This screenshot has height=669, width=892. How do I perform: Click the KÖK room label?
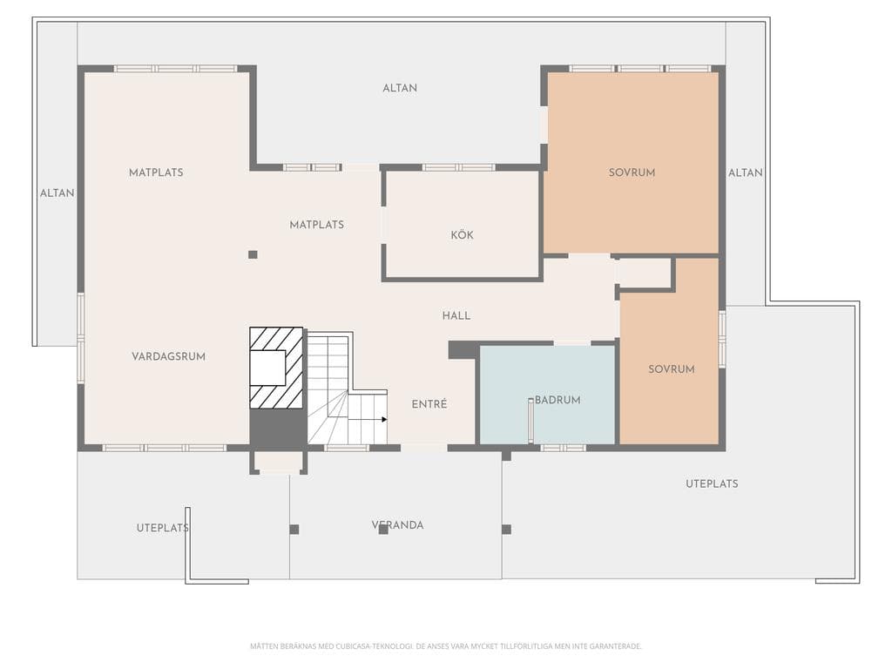click(x=462, y=235)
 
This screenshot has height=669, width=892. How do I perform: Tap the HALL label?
click(x=456, y=315)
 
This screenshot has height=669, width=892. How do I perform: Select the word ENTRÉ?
click(x=429, y=404)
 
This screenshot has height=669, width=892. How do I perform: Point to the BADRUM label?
click(x=557, y=400)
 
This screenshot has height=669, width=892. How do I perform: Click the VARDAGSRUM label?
click(x=168, y=356)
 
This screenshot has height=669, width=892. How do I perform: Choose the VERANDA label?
click(x=397, y=525)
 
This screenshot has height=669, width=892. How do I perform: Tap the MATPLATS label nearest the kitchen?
click(x=317, y=225)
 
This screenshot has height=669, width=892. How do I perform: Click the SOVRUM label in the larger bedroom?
click(x=632, y=172)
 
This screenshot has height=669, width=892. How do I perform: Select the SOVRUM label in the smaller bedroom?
click(x=672, y=369)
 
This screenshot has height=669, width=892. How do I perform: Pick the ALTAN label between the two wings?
click(x=400, y=88)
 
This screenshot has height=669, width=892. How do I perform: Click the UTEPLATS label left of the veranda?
click(x=163, y=528)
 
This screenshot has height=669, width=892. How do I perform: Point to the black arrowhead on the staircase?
click(x=384, y=420)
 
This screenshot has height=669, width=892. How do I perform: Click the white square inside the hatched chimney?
click(x=267, y=368)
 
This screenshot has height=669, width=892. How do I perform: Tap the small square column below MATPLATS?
click(x=253, y=255)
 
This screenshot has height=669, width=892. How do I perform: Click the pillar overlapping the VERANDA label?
click(x=383, y=530)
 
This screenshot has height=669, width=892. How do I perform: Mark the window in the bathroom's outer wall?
click(x=564, y=449)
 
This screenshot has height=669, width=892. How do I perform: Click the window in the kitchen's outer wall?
click(x=458, y=167)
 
